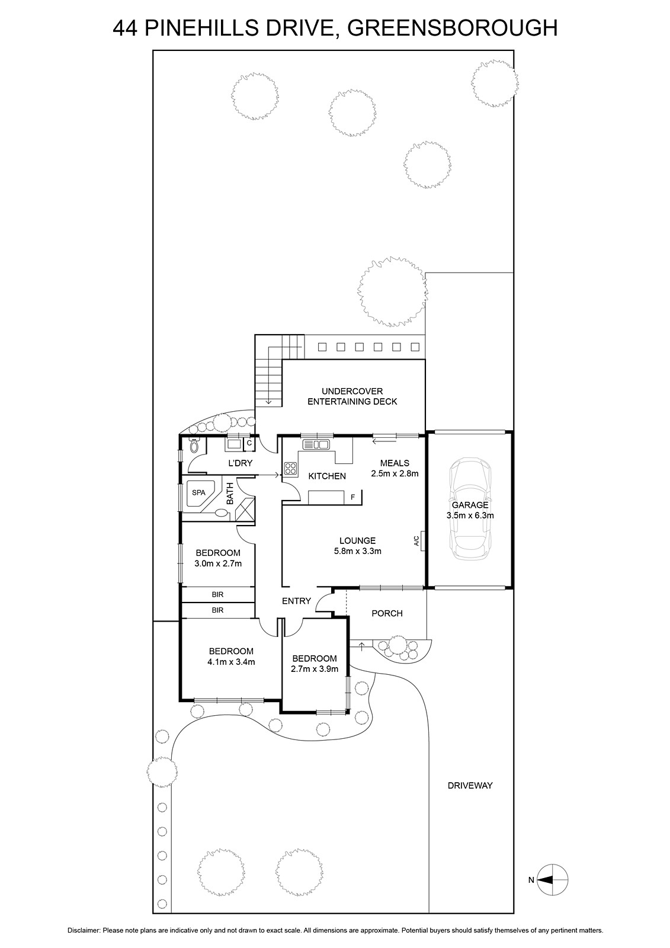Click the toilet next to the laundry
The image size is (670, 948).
[x=194, y=446]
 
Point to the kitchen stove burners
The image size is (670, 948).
[x=291, y=469]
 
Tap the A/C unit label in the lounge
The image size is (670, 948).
[x=416, y=541]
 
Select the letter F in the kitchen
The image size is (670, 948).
[x=352, y=498]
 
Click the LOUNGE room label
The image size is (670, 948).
[x=358, y=540]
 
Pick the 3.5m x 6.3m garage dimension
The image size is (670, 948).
[x=470, y=515]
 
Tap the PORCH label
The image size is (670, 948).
[x=387, y=613]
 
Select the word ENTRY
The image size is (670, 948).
[x=296, y=601]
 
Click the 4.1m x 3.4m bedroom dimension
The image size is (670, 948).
[x=231, y=662]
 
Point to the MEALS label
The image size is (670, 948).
[x=395, y=463]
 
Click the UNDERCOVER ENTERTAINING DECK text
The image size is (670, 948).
[x=352, y=396]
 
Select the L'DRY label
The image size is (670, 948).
[x=240, y=463]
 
